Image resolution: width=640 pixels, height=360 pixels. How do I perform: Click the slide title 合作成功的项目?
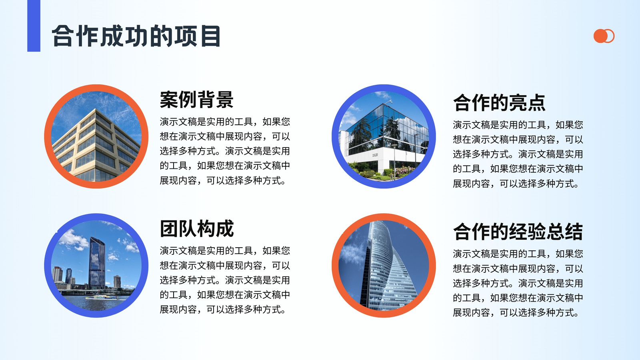(x=136, y=36)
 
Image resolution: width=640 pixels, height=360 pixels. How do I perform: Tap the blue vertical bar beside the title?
(x=34, y=26)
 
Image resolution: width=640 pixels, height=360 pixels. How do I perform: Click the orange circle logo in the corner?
(x=604, y=36)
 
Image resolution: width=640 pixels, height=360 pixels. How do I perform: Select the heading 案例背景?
(x=196, y=100)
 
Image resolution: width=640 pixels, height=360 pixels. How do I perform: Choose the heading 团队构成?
(x=196, y=228)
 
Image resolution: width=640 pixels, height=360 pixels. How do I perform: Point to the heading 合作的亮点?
(x=499, y=102)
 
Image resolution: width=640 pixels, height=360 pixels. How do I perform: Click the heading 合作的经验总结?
(x=518, y=232)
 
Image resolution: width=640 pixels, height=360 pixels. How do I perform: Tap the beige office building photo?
(x=96, y=136)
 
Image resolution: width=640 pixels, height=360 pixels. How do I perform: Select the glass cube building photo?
(x=384, y=136)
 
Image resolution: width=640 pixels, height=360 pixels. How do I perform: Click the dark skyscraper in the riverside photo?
(x=97, y=263)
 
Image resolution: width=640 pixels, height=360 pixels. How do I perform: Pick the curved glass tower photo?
(x=384, y=266)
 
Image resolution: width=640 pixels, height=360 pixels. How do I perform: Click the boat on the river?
(x=102, y=297)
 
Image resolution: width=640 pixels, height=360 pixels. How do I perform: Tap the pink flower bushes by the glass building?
(x=404, y=170)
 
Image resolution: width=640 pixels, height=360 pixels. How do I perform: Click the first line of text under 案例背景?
(x=225, y=122)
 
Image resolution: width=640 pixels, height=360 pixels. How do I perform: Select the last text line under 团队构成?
(x=222, y=310)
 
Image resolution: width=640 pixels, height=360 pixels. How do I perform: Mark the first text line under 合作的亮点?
(x=518, y=125)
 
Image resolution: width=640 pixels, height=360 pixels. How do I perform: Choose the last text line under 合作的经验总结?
(x=516, y=312)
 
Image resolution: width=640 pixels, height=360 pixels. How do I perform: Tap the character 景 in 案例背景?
(x=224, y=100)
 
